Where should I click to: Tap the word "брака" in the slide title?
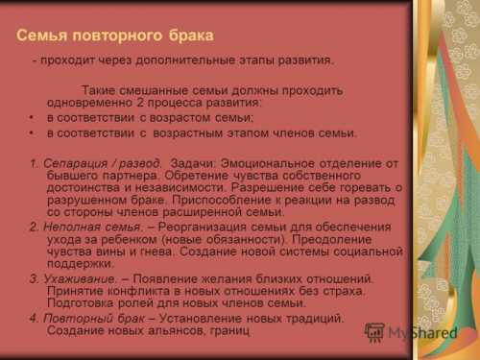coord(189,36)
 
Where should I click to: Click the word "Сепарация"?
coord(77,163)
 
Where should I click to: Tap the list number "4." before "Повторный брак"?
coord(35,318)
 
